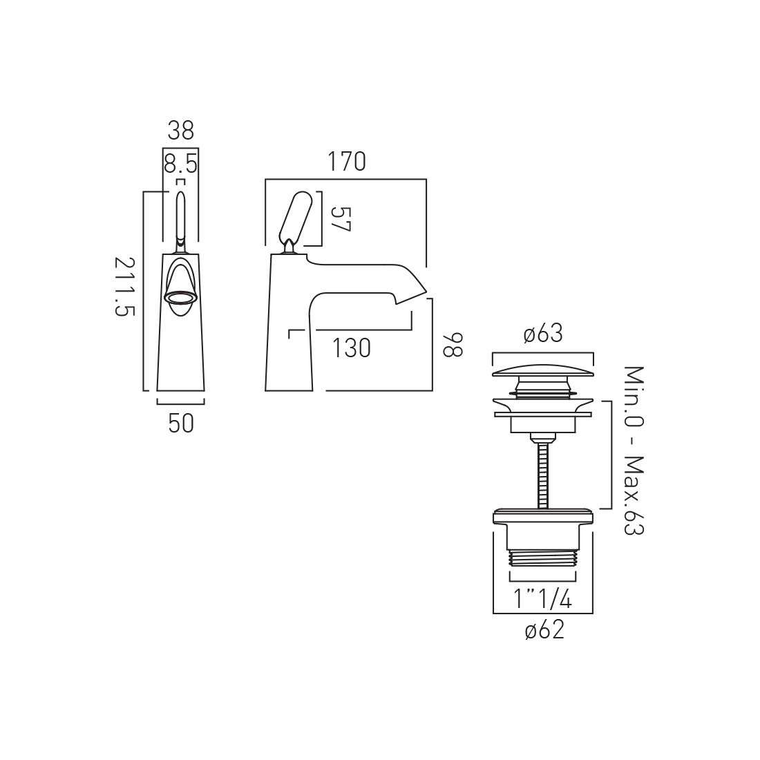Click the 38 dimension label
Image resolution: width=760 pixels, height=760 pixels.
click(181, 131)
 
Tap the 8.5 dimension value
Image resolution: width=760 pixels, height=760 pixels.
click(181, 164)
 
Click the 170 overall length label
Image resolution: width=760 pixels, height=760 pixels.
click(347, 162)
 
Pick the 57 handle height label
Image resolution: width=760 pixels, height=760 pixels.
click(340, 219)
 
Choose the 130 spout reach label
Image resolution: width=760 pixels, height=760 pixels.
click(352, 348)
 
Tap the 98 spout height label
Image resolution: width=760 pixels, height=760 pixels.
click(453, 345)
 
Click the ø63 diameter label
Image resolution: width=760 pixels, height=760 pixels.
click(543, 334)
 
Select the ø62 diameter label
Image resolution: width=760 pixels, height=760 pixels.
click(545, 630)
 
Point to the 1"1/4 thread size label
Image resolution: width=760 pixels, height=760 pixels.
click(543, 600)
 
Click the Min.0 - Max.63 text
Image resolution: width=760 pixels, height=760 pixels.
click(633, 450)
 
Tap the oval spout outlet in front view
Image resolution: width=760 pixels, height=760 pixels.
click(181, 298)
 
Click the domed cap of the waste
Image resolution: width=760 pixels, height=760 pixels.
click(543, 371)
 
